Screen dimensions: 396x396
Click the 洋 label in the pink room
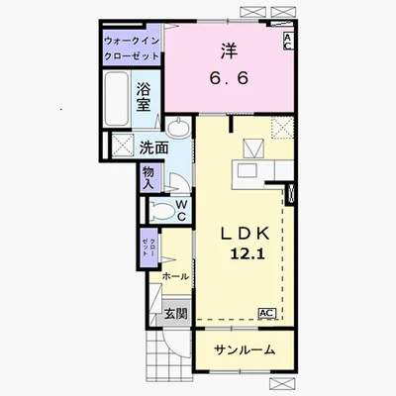tap(230, 51)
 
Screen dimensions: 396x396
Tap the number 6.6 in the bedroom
tap(229, 78)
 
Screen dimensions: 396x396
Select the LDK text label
tap(246, 234)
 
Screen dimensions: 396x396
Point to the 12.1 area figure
tap(247, 253)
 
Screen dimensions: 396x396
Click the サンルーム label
tap(245, 349)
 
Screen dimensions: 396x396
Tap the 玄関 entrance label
tap(176, 314)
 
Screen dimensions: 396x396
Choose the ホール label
tap(175, 276)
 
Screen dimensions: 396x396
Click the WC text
tap(182, 211)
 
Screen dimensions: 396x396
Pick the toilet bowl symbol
tap(161, 211)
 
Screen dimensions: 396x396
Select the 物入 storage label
tap(148, 177)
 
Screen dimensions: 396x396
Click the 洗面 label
tap(153, 148)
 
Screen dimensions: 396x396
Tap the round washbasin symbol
tap(178, 127)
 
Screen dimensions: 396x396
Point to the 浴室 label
tap(144, 97)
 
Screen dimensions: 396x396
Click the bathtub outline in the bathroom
tap(116, 99)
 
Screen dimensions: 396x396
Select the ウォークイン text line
tap(132, 42)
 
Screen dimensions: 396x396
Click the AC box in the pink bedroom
tap(287, 42)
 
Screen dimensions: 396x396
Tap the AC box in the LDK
tap(267, 313)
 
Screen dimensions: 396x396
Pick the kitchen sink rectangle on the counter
tap(247, 170)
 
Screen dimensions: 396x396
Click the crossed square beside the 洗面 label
tap(123, 145)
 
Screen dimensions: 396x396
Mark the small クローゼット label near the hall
tap(148, 247)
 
